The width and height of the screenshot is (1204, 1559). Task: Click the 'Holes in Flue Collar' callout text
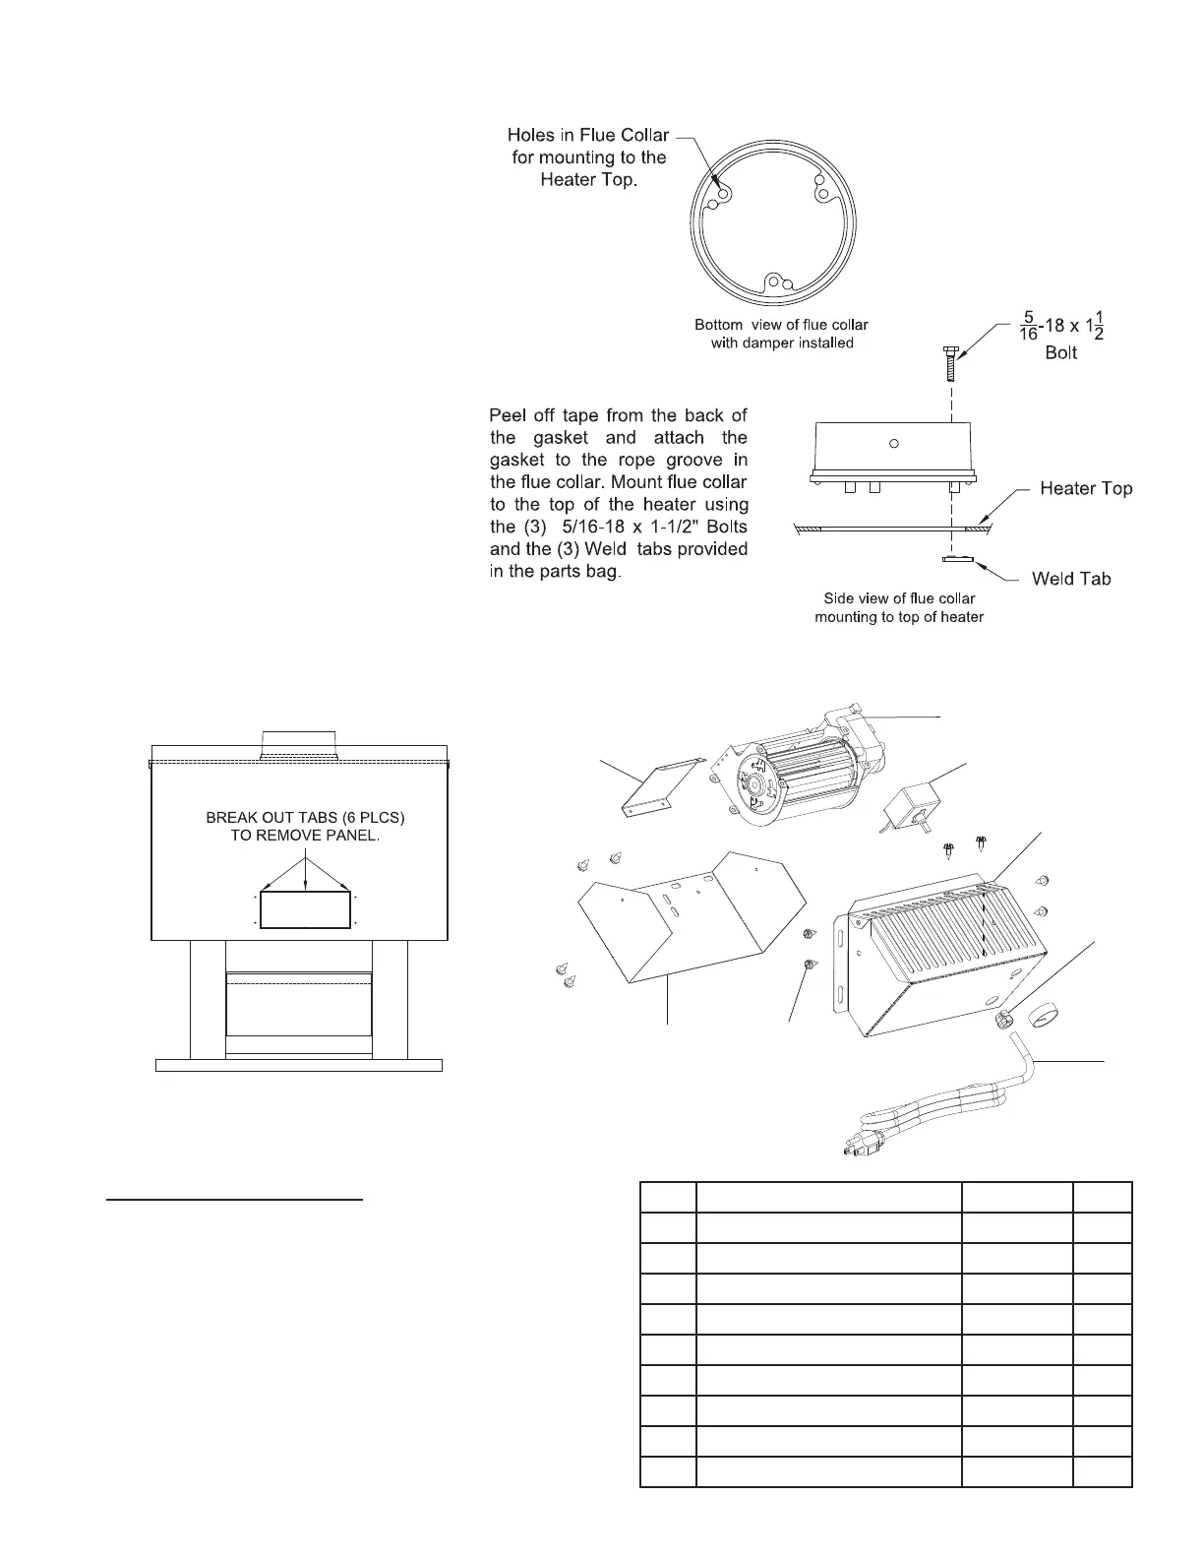pyautogui.click(x=587, y=135)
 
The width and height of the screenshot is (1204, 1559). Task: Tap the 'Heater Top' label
pyautogui.click(x=1086, y=489)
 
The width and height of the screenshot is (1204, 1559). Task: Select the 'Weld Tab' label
pyautogui.click(x=1071, y=579)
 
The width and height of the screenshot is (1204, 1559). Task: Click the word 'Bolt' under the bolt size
pyautogui.click(x=1060, y=352)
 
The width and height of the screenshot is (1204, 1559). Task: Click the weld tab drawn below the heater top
pyautogui.click(x=955, y=560)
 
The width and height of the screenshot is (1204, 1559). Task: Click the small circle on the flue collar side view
pyautogui.click(x=893, y=443)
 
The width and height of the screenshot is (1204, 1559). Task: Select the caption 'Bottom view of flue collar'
pyautogui.click(x=781, y=325)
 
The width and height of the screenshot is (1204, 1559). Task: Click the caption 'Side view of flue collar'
pyautogui.click(x=898, y=598)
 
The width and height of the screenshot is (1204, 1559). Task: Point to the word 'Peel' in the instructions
pyautogui.click(x=510, y=415)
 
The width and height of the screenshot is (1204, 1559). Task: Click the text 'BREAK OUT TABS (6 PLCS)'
pyautogui.click(x=305, y=818)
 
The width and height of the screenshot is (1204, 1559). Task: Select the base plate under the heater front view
pyautogui.click(x=299, y=1065)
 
